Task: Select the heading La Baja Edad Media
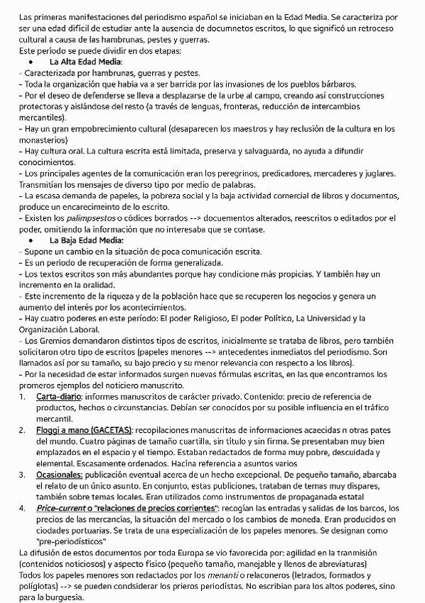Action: [x=87, y=240]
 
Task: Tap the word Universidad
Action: [x=327, y=319]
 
